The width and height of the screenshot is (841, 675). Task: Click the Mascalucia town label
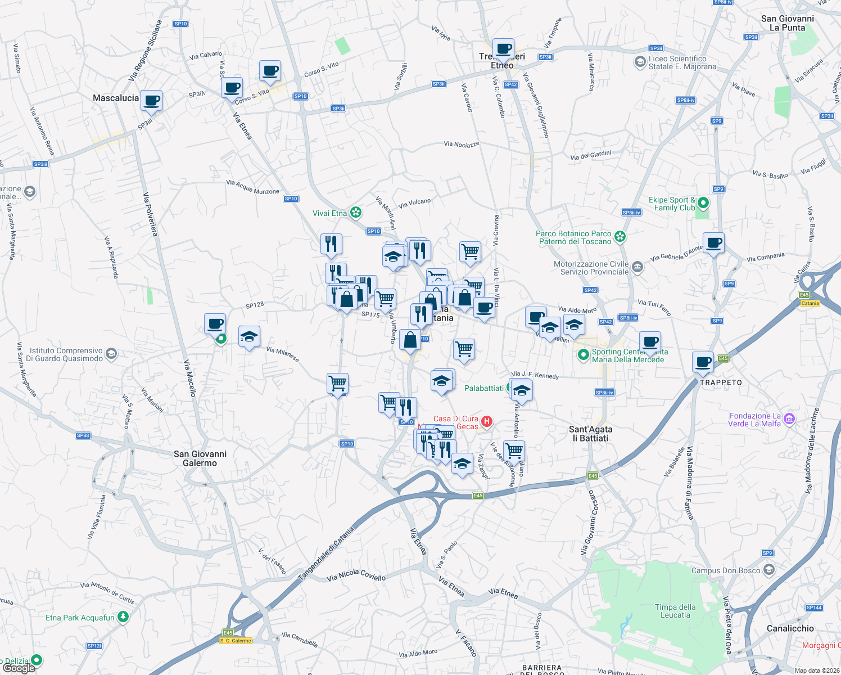click(x=116, y=98)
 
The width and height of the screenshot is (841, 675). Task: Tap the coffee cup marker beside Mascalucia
click(x=151, y=101)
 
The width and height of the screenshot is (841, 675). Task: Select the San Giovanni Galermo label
click(x=200, y=458)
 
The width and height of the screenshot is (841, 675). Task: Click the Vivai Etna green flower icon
click(x=355, y=213)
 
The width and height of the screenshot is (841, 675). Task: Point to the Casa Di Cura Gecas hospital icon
click(x=487, y=421)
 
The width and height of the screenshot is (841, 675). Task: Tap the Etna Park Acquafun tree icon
click(x=123, y=617)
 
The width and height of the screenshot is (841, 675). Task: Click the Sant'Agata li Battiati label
click(x=591, y=434)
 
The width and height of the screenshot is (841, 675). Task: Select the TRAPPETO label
click(x=721, y=382)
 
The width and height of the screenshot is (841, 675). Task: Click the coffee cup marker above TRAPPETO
click(x=703, y=362)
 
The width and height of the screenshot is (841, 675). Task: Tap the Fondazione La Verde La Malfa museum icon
click(x=789, y=418)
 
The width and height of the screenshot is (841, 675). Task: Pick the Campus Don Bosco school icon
click(x=769, y=570)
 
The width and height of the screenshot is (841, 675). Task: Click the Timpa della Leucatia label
click(x=675, y=611)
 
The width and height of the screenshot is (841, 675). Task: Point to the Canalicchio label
click(x=790, y=628)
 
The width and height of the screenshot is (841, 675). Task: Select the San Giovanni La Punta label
click(x=787, y=23)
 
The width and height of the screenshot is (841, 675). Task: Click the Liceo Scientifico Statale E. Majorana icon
click(x=640, y=62)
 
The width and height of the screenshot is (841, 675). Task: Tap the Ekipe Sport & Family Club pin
click(x=703, y=203)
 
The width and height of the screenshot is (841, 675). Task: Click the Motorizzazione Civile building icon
click(x=637, y=267)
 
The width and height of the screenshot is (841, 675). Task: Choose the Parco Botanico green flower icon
click(x=620, y=237)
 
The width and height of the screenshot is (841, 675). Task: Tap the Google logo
click(x=19, y=668)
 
